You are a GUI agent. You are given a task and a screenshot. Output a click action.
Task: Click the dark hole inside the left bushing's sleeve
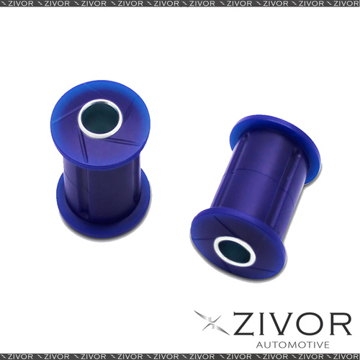tap(100, 119)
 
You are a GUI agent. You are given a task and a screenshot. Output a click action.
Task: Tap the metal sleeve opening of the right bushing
tap(234, 251)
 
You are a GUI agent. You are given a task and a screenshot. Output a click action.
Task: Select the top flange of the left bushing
tap(100, 122)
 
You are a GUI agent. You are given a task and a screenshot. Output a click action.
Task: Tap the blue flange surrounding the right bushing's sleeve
tap(238, 243)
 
